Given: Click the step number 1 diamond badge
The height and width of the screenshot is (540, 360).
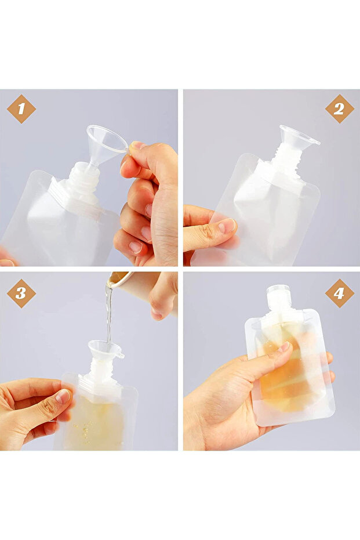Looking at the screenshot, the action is pyautogui.click(x=21, y=109).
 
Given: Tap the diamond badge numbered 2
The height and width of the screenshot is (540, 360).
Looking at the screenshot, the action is pyautogui.click(x=339, y=109).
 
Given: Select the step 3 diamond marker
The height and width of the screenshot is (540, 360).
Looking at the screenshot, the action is pyautogui.click(x=21, y=293).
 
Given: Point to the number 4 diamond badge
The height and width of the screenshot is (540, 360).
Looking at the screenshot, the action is pyautogui.click(x=339, y=293).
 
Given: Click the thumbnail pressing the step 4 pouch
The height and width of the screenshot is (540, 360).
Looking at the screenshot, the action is pyautogui.click(x=285, y=346).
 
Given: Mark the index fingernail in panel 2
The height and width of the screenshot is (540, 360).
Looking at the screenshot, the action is pyautogui.click(x=227, y=226).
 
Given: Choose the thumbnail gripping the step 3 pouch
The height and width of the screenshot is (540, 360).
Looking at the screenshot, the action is pyautogui.click(x=63, y=396).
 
